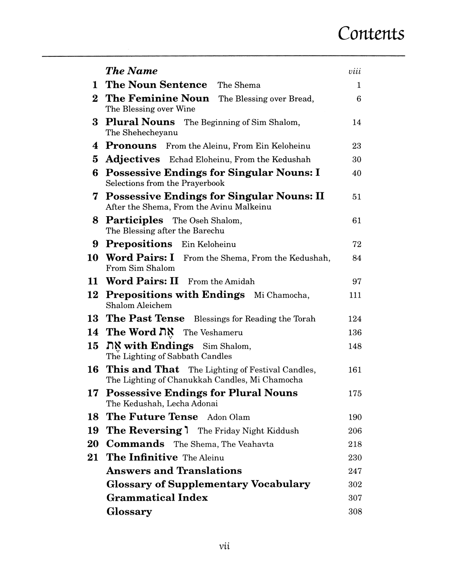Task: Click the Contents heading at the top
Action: tap(371, 33)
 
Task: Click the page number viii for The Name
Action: tap(355, 72)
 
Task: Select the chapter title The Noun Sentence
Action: tap(156, 85)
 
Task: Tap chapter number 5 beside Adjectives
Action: tap(95, 159)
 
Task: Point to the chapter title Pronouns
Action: tap(131, 146)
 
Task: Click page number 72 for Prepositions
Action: tap(357, 244)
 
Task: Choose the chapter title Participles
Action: tap(134, 220)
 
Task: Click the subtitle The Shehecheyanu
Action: tap(142, 132)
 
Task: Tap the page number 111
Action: tap(355, 295)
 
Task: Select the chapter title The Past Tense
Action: tap(145, 318)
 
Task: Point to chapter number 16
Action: tap(93, 370)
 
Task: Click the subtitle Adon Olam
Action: tap(228, 417)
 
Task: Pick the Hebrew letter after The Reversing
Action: tap(187, 430)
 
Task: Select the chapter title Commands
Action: tap(135, 444)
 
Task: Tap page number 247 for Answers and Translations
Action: tap(355, 471)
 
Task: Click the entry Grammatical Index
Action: tap(157, 498)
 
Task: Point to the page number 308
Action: tap(355, 512)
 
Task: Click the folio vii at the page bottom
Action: tap(225, 546)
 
